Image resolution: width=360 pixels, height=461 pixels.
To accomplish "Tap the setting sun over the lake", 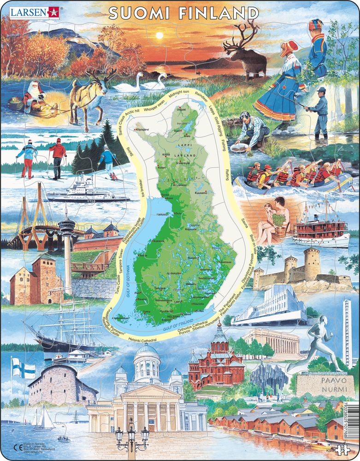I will (159, 35).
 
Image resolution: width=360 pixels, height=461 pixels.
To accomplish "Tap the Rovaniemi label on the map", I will (177, 185).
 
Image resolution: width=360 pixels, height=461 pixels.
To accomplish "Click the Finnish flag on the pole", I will (24, 369).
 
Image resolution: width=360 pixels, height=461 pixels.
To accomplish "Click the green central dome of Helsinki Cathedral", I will (146, 353).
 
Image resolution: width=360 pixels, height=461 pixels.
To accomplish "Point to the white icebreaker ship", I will (81, 191).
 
